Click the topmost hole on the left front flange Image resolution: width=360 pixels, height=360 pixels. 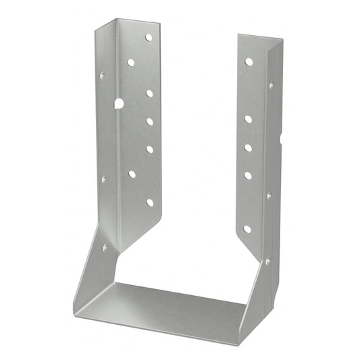pos(149,37)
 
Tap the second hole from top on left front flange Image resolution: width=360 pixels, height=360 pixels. pos(130,62)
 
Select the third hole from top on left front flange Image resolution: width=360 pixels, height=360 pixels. pos(149,93)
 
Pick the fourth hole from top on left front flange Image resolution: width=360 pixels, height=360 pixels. pos(149,122)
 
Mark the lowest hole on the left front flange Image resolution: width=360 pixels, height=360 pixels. pos(150,202)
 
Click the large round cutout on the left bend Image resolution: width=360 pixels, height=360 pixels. pos(119,104)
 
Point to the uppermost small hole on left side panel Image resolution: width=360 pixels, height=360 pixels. pos(103,76)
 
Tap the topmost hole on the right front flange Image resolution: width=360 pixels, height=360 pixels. pos(249,61)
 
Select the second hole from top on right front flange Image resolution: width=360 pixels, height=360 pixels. pos(248,119)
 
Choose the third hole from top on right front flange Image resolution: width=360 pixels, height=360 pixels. pos(248,147)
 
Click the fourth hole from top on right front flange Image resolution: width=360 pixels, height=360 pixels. pos(248,175)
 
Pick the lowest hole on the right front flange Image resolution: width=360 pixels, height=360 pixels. pos(247,229)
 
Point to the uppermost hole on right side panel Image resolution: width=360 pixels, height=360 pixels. pos(272,86)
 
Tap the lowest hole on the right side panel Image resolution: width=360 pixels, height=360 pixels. pos(267,261)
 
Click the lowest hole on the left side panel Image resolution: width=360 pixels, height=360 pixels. pos(105,247)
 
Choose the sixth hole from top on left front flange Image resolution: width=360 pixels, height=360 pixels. pos(132,174)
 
